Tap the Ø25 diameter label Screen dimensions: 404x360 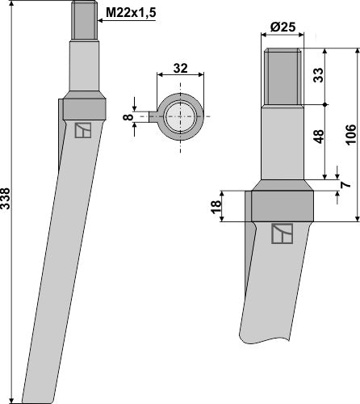pyautogui.click(x=282, y=27)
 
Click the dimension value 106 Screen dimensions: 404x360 pyautogui.click(x=350, y=133)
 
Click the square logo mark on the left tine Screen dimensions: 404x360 pyautogui.click(x=82, y=131)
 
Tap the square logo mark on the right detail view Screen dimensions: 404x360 pyautogui.click(x=281, y=234)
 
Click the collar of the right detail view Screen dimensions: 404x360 pyautogui.click(x=281, y=205)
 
